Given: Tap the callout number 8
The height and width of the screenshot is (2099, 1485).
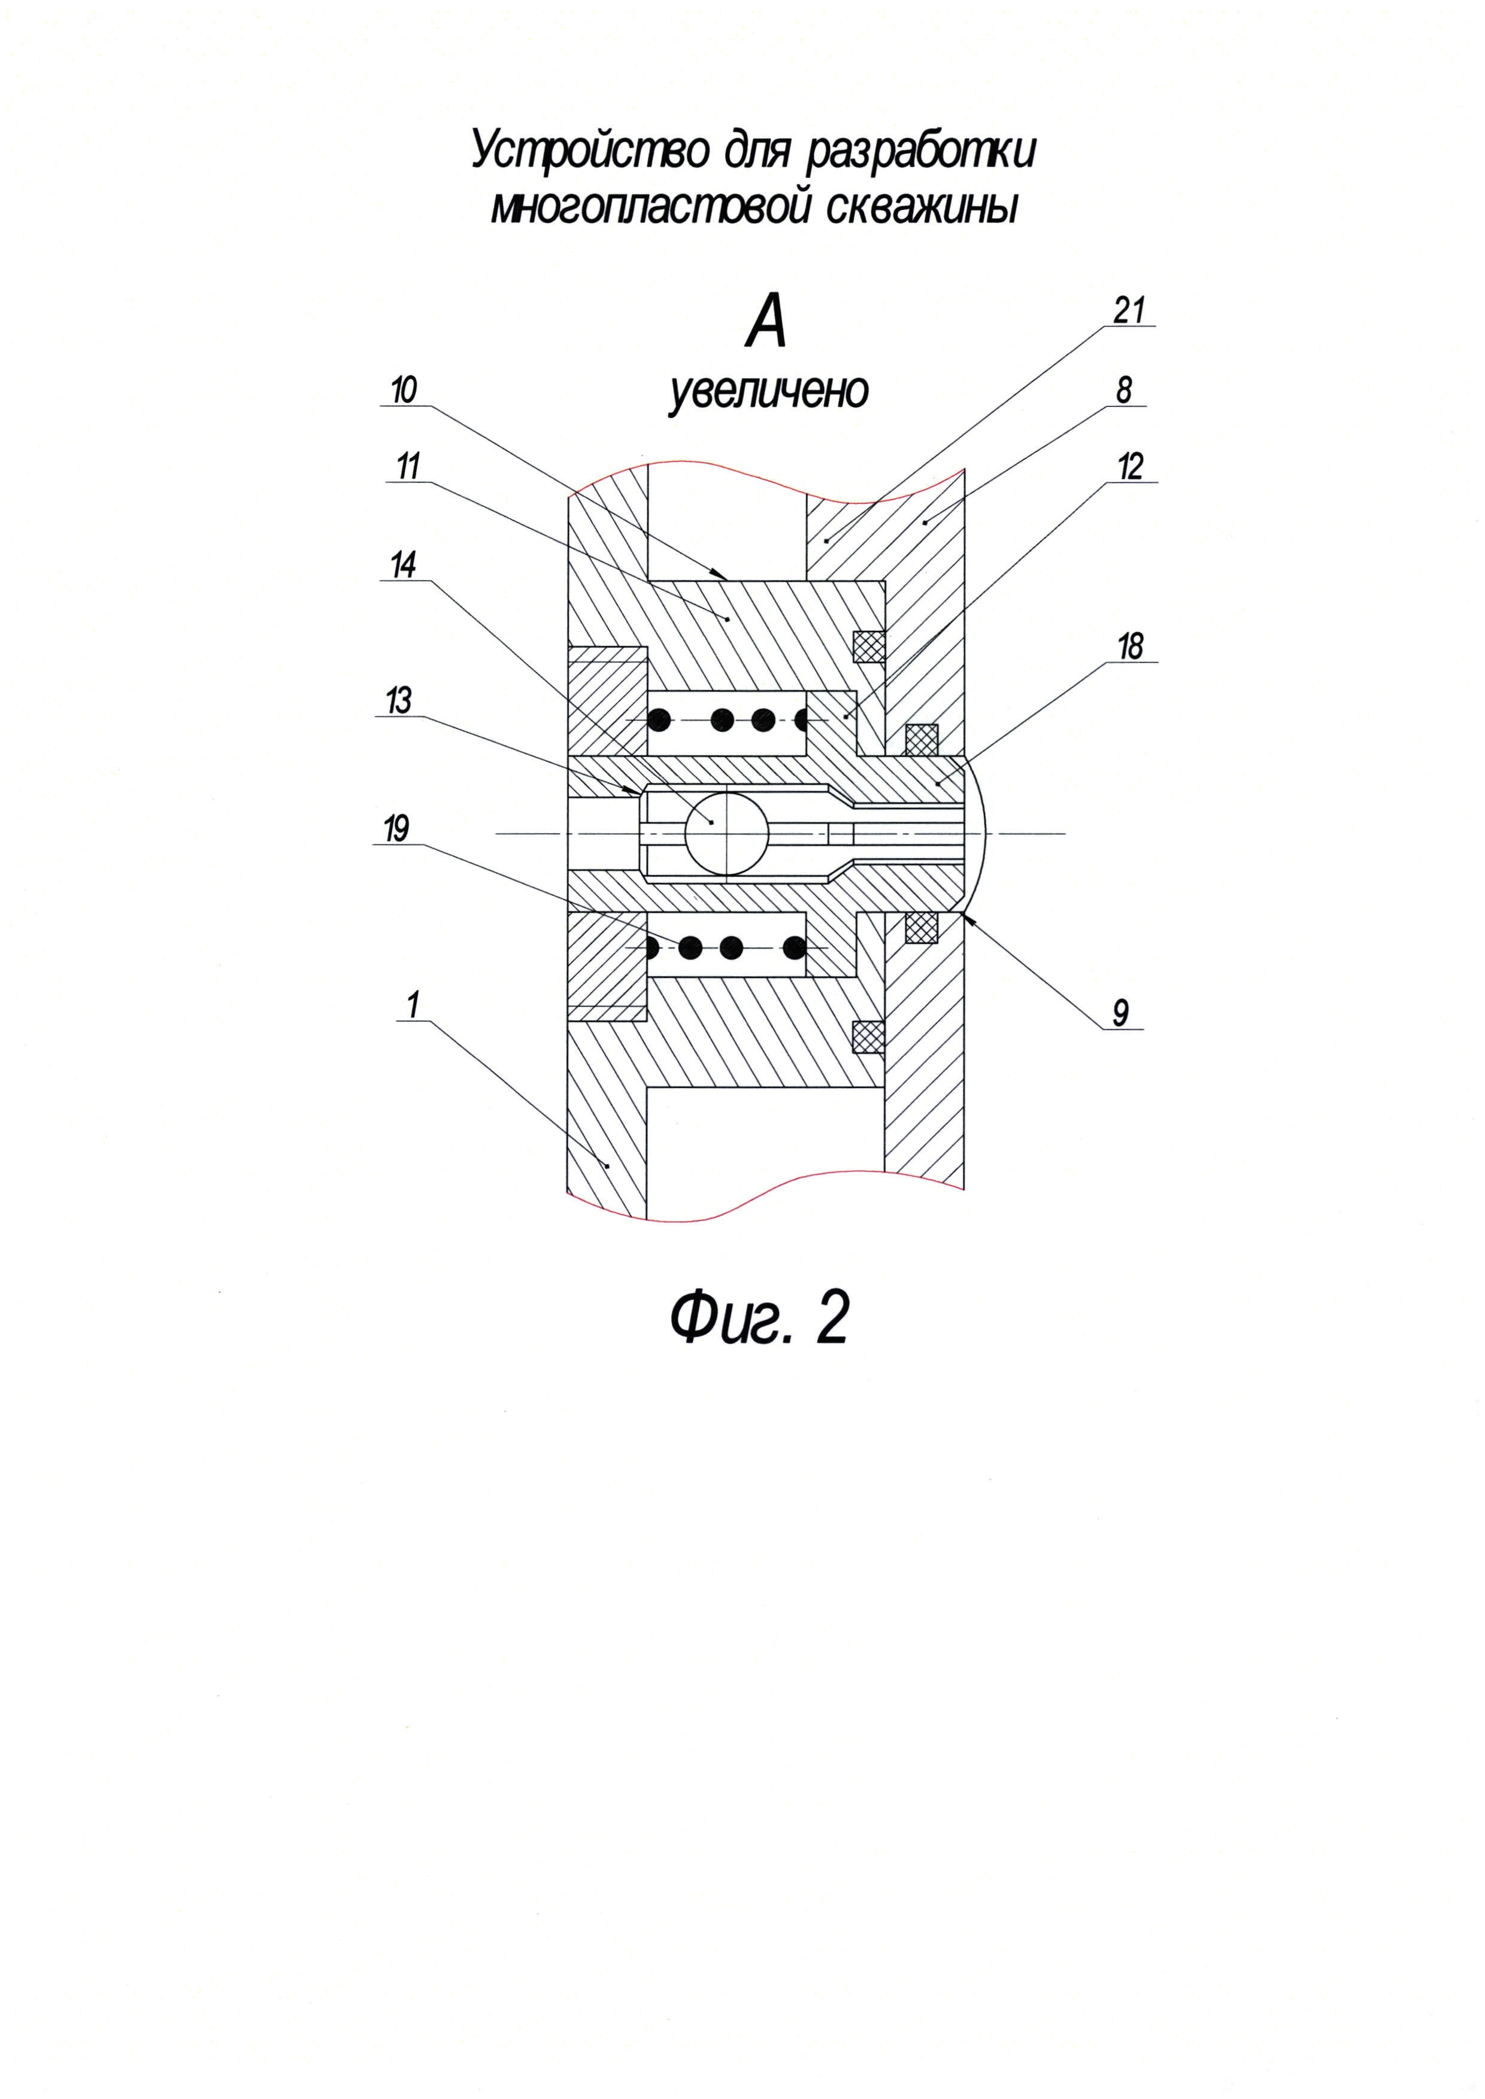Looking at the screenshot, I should point(1124,391).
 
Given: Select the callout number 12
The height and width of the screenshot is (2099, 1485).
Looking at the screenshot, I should point(1130,467).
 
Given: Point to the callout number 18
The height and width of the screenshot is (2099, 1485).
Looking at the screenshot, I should point(1130,647).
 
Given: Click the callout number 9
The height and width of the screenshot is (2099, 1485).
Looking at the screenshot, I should point(1120,1012).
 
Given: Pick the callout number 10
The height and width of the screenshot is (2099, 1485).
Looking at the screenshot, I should point(403,391).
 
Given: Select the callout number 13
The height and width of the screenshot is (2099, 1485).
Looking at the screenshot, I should point(399,701).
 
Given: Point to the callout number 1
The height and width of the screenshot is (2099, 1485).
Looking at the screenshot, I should point(413,1005).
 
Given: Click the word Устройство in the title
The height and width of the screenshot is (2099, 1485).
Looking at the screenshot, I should point(590,151).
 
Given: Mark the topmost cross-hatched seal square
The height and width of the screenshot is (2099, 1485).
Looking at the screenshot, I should point(869,646).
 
